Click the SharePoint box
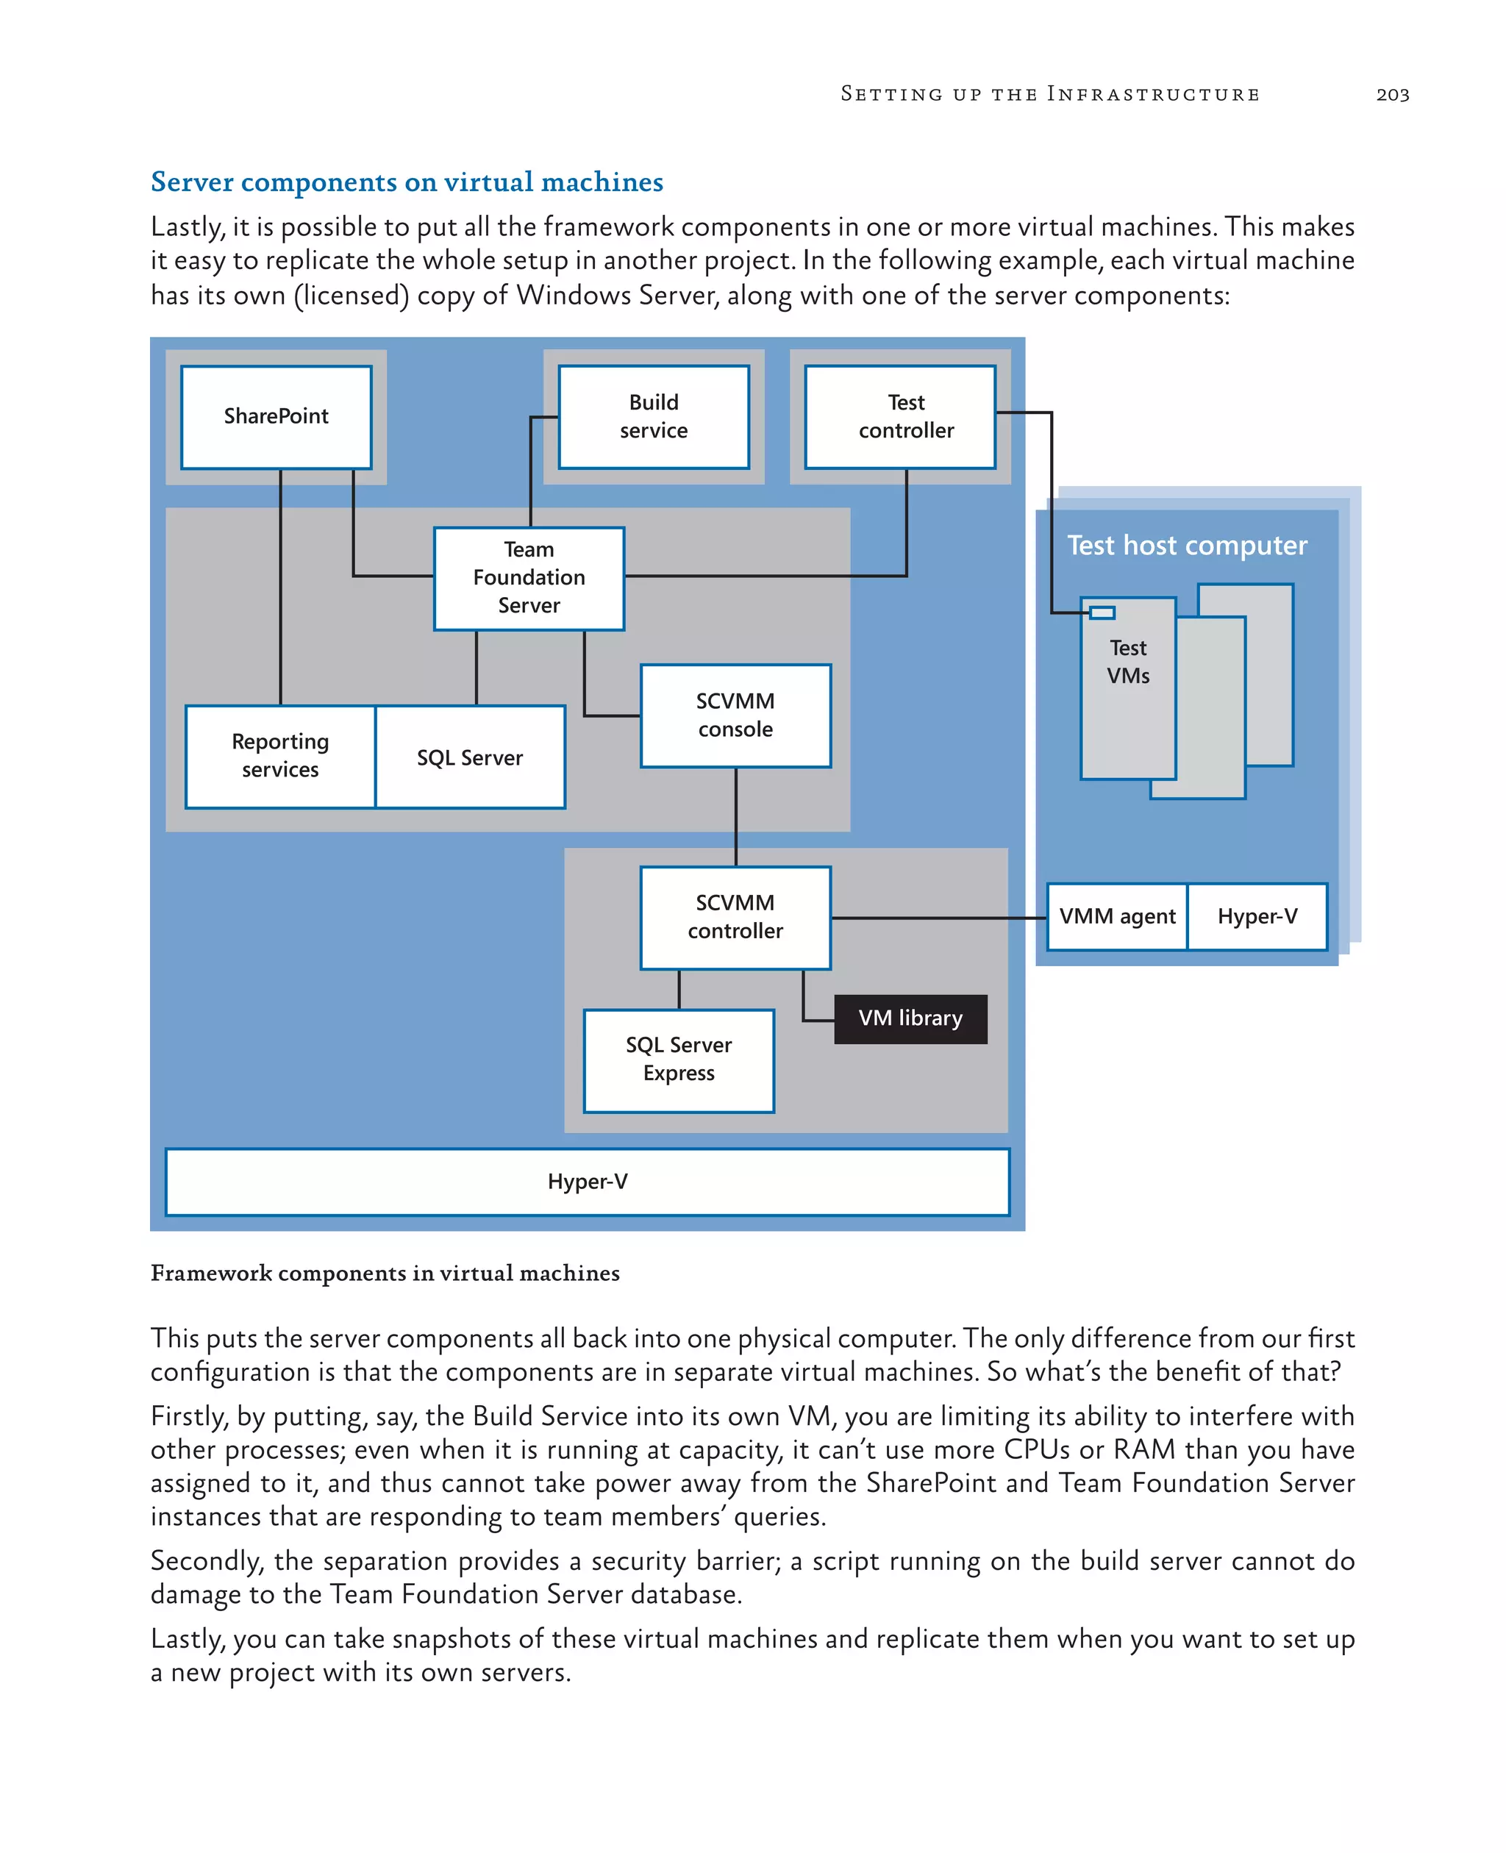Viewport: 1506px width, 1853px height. pyautogui.click(x=276, y=416)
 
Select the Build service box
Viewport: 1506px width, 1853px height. pyautogui.click(x=653, y=416)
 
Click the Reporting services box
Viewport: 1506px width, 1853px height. pyautogui.click(x=280, y=757)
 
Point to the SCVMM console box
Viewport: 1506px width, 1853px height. pyautogui.click(x=735, y=715)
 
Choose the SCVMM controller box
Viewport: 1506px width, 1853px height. pyautogui.click(x=735, y=917)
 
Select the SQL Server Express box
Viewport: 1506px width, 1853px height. pyautogui.click(x=679, y=1060)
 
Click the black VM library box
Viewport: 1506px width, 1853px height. pyautogui.click(x=910, y=1018)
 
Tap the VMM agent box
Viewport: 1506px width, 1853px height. pyautogui.click(x=1116, y=917)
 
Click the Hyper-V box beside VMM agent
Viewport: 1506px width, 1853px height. pyautogui.click(x=1257, y=917)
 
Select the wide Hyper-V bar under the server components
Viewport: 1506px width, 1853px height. pyautogui.click(x=588, y=1182)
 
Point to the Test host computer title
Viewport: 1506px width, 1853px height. pyautogui.click(x=1187, y=546)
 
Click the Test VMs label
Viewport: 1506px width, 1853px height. pyautogui.click(x=1128, y=662)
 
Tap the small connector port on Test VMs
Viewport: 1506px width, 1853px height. pyautogui.click(x=1102, y=613)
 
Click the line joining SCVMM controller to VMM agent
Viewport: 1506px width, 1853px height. pyautogui.click(x=937, y=917)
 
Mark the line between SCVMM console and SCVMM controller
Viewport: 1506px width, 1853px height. pyautogui.click(x=735, y=816)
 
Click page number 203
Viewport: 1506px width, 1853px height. pyautogui.click(x=1392, y=95)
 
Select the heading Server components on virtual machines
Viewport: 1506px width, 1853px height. pyautogui.click(x=407, y=182)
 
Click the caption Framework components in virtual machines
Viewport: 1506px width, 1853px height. pyautogui.click(x=385, y=1273)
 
